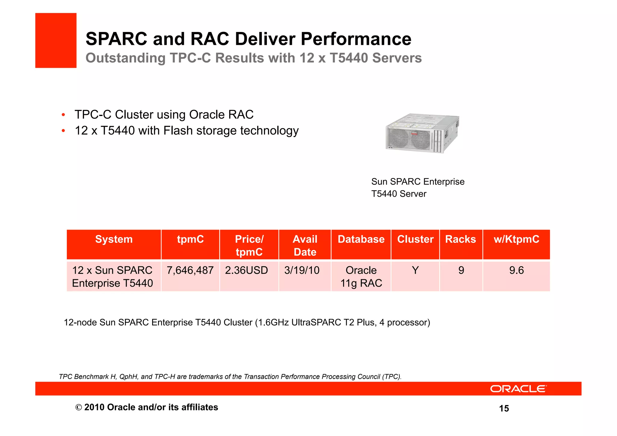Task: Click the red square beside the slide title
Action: click(x=56, y=40)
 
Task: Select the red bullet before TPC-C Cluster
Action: click(x=63, y=115)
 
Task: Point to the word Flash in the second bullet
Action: click(x=178, y=130)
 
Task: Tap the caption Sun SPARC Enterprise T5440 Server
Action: click(x=418, y=187)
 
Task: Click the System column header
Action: click(x=114, y=239)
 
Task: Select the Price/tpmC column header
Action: click(x=249, y=245)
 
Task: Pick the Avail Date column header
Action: click(x=305, y=245)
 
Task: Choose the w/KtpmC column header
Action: click(x=516, y=239)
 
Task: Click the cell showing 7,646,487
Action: click(x=190, y=270)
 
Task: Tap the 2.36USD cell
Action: click(x=246, y=270)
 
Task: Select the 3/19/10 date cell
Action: click(x=302, y=270)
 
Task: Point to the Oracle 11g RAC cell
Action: click(x=361, y=277)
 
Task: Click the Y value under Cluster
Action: click(x=415, y=270)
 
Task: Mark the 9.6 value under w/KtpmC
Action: click(x=516, y=270)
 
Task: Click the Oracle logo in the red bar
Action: click(x=518, y=389)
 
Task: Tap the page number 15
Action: click(x=504, y=408)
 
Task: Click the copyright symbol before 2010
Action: click(x=79, y=407)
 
